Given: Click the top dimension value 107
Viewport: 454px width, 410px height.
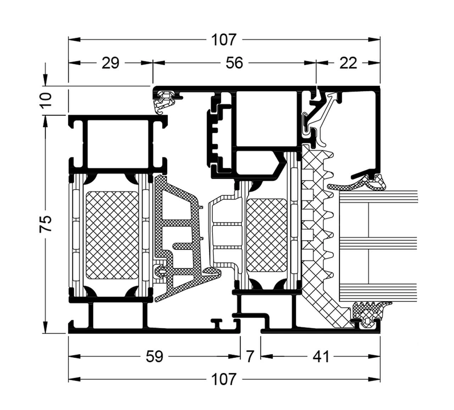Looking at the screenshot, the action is pyautogui.click(x=223, y=40).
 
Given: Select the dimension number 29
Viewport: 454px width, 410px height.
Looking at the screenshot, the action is pyautogui.click(x=110, y=63).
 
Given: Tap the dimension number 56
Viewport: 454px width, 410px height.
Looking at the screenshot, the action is pyautogui.click(x=234, y=63).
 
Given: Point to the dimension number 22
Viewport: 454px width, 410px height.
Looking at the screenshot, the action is pyautogui.click(x=348, y=63).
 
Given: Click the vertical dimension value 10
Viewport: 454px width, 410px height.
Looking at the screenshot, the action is pyautogui.click(x=46, y=100).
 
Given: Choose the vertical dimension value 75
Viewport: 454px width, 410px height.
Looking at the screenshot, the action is pyautogui.click(x=46, y=224).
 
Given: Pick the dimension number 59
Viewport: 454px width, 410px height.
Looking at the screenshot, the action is pyautogui.click(x=155, y=357).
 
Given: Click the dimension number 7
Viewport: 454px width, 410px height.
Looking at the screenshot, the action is pyautogui.click(x=250, y=357).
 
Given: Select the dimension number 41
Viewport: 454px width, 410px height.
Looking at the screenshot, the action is pyautogui.click(x=321, y=357).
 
